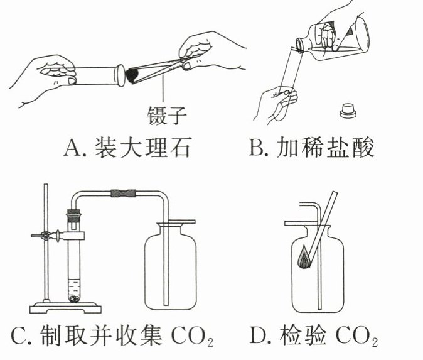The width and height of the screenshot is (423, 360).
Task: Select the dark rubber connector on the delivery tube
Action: pyautogui.click(x=120, y=194)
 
